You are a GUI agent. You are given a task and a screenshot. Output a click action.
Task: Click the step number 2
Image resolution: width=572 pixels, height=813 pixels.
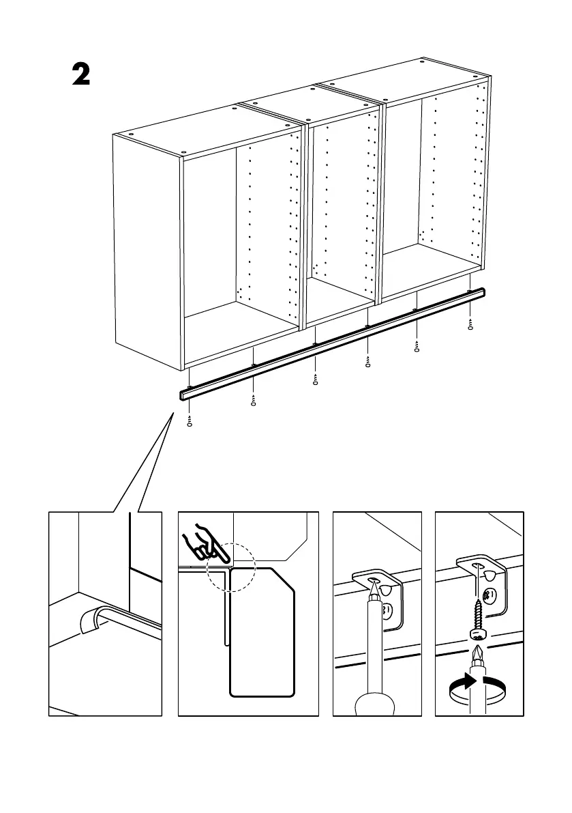tap(81, 74)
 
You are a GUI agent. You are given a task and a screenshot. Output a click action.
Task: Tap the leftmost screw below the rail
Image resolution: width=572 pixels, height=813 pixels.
tap(190, 420)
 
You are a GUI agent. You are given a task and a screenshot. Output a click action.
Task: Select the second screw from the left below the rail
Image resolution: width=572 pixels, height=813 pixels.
tap(253, 399)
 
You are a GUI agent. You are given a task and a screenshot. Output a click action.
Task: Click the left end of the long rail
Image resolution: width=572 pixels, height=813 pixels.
tap(184, 395)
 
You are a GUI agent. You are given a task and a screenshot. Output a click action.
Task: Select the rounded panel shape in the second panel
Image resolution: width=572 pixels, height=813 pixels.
tap(263, 631)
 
